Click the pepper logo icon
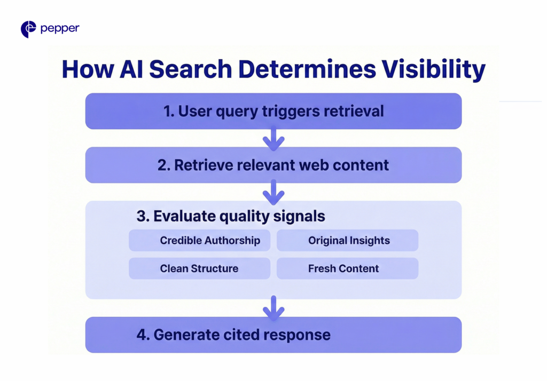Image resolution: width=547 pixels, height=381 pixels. (x=28, y=29)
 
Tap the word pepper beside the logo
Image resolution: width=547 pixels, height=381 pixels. (x=60, y=29)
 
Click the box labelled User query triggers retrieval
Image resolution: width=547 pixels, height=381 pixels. (x=273, y=111)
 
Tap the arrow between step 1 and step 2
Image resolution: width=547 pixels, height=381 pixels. (x=273, y=139)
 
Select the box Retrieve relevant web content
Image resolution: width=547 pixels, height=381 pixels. (x=273, y=165)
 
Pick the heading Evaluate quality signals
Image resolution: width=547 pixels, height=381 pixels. (x=231, y=216)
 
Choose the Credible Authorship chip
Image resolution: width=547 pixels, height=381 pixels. (x=200, y=241)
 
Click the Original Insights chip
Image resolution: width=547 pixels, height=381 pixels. (x=347, y=241)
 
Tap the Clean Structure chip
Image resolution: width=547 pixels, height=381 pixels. (x=200, y=268)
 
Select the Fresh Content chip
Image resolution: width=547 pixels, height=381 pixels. (x=347, y=268)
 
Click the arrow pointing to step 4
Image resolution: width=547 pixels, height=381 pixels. (x=273, y=308)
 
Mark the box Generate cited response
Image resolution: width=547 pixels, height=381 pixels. (x=273, y=335)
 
